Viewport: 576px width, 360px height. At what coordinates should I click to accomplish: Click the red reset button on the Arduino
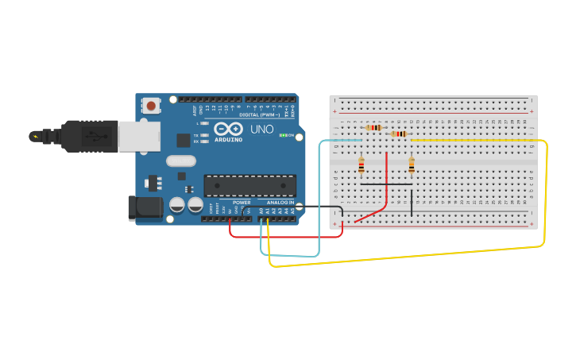pyautogui.click(x=151, y=105)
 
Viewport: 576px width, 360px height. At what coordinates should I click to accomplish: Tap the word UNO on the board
pyautogui.click(x=262, y=129)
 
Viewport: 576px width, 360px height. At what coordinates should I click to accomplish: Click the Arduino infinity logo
pyautogui.click(x=227, y=130)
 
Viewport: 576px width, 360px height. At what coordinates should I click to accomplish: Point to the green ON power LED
pyautogui.click(x=283, y=136)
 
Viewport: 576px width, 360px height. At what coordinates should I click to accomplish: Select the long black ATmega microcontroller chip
pyautogui.click(x=249, y=185)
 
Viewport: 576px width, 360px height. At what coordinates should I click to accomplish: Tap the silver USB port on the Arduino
pyautogui.click(x=137, y=136)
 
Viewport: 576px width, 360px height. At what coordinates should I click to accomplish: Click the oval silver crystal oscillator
pyautogui.click(x=181, y=161)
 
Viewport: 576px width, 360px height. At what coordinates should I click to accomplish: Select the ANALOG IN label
pyautogui.click(x=280, y=203)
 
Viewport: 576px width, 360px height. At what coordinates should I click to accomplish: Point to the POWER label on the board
pyautogui.click(x=242, y=203)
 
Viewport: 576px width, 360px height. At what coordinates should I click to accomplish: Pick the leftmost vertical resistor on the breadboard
pyautogui.click(x=361, y=165)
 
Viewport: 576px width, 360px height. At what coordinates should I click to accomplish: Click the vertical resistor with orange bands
pyautogui.click(x=412, y=165)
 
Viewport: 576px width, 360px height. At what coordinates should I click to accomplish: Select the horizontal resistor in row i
pyautogui.click(x=399, y=134)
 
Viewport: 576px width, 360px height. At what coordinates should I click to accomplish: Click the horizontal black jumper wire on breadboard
pyautogui.click(x=386, y=184)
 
